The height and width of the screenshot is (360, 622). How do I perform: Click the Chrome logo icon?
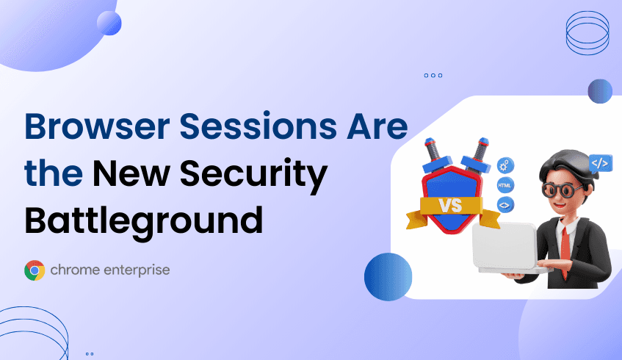[x=34, y=271]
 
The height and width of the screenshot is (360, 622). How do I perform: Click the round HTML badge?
[x=505, y=185]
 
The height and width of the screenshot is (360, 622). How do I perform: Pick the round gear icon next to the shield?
[x=505, y=165]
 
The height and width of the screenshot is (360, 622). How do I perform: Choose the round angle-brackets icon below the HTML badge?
[x=505, y=206]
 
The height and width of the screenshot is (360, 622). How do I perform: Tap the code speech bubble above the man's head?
[x=599, y=164]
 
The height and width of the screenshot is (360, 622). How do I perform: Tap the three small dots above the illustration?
[x=433, y=75]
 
